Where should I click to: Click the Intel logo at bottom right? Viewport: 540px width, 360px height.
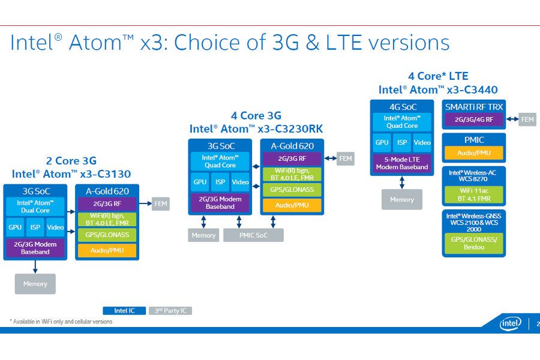click(x=510, y=324)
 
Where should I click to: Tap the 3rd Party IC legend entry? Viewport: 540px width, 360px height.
click(x=170, y=311)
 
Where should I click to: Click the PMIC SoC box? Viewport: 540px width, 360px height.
click(x=253, y=235)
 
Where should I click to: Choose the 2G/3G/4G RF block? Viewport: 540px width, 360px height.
click(x=474, y=119)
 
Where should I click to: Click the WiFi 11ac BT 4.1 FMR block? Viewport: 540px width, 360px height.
click(x=473, y=194)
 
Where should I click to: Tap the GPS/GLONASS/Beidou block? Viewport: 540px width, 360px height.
click(x=473, y=242)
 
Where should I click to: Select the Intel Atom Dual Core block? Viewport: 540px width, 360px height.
click(x=36, y=206)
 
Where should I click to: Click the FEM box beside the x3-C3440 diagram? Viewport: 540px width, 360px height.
click(x=527, y=119)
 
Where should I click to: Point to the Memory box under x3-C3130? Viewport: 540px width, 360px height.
click(x=35, y=284)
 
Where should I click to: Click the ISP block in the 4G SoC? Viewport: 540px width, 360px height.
click(x=402, y=143)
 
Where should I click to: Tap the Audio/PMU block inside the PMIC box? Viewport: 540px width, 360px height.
click(x=473, y=153)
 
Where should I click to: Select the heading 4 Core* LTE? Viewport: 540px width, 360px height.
click(x=438, y=76)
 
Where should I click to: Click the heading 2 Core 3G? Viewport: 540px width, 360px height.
click(x=71, y=161)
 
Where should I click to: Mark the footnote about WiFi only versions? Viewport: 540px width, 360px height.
click(x=61, y=322)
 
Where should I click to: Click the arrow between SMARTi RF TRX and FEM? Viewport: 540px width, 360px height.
click(x=512, y=119)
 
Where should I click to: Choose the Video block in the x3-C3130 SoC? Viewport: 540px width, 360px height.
click(x=55, y=227)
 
